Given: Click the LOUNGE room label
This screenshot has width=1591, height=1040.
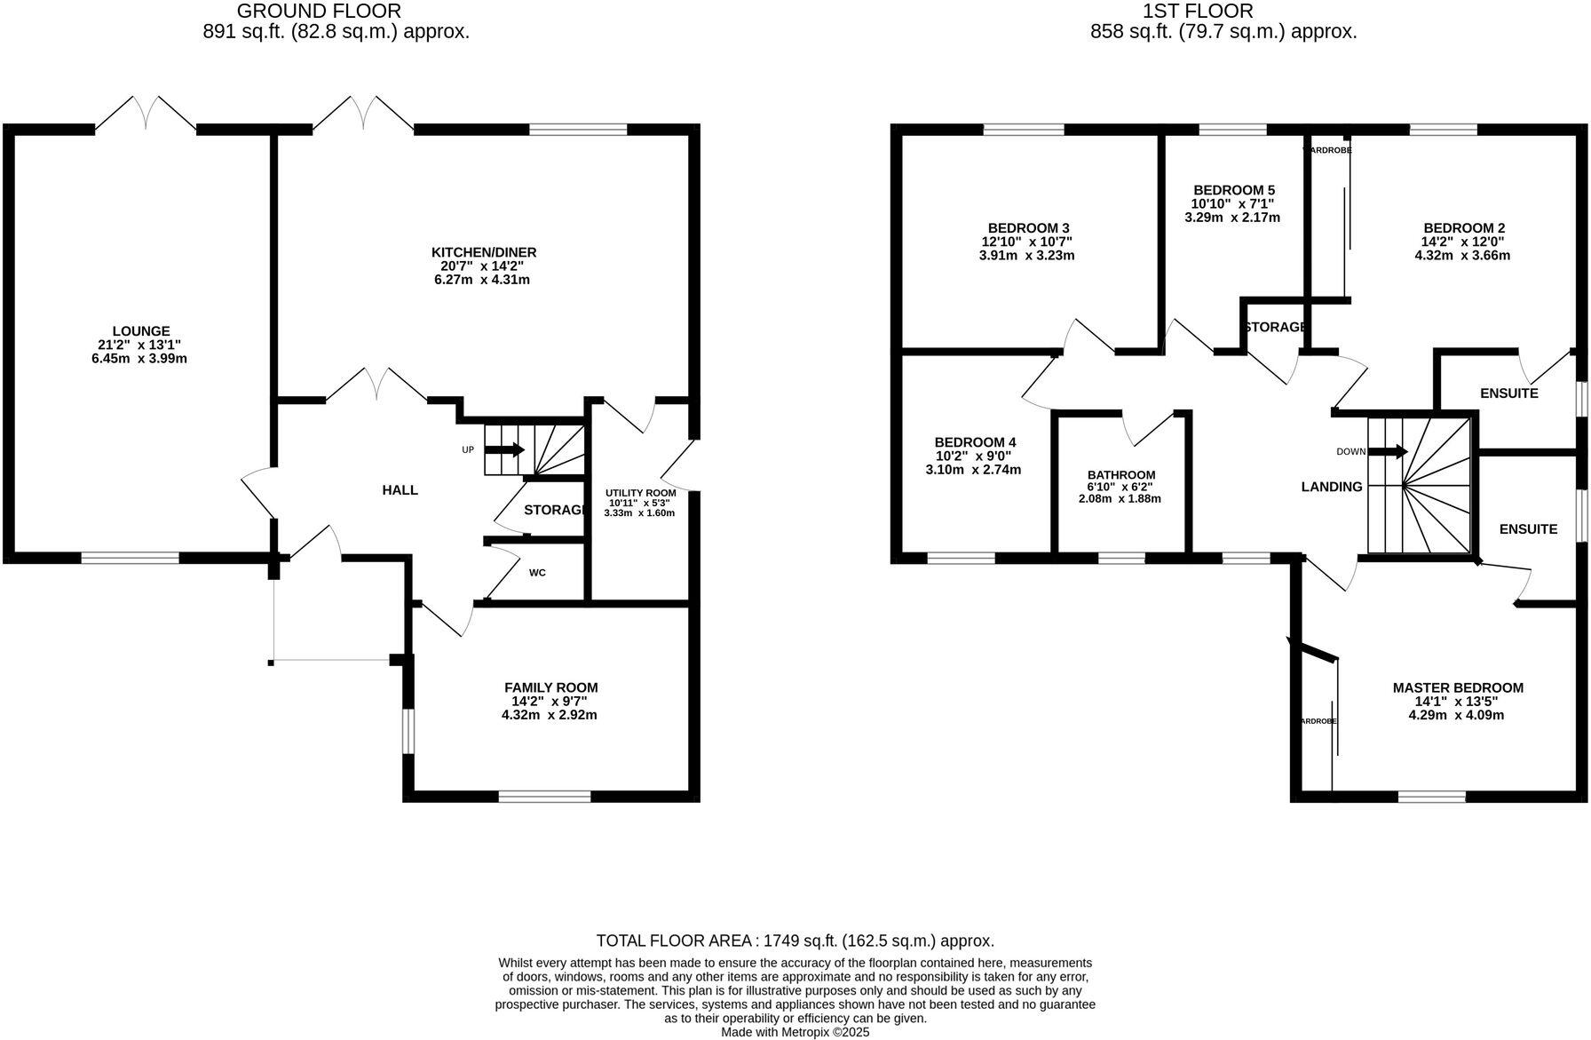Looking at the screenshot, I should (x=140, y=331).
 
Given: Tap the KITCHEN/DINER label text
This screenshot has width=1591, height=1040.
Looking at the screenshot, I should (x=484, y=252).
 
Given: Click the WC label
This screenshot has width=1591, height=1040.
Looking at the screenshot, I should (x=537, y=573).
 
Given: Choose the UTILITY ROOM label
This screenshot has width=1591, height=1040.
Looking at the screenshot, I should (x=640, y=493).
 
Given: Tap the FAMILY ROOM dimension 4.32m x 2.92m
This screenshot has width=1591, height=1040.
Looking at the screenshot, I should (x=549, y=715).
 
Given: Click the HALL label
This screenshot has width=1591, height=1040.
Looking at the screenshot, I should (x=400, y=490).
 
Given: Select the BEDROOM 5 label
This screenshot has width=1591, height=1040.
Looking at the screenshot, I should (x=1234, y=190).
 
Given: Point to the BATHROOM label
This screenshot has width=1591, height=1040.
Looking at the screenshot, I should (x=1121, y=475).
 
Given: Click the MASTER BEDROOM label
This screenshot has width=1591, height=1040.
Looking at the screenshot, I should (x=1458, y=687).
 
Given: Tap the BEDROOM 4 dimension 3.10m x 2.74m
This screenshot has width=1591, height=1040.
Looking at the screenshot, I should (x=973, y=470).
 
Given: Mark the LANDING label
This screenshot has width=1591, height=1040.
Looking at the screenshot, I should (x=1332, y=487).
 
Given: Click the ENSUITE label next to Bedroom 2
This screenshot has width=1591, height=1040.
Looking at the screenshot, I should (x=1508, y=393).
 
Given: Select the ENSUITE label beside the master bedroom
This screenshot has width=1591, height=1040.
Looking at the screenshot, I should (x=1528, y=529).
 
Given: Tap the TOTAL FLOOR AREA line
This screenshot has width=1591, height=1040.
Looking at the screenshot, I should (x=795, y=941).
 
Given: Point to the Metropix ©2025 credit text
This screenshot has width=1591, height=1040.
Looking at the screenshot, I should (x=795, y=1032).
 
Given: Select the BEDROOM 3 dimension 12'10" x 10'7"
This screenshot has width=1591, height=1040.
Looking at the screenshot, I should (x=1026, y=242).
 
